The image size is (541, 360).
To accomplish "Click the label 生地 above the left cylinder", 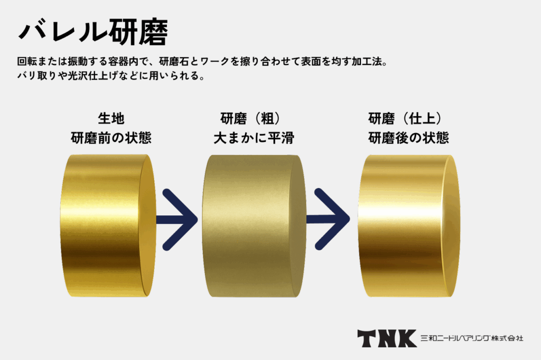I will tap(111, 118).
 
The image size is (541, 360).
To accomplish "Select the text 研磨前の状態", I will tap(111, 138).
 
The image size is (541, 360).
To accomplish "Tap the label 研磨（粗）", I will tap(254, 118).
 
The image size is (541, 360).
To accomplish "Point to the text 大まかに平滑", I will tap(254, 138).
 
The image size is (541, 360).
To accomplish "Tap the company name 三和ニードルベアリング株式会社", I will tap(472, 338).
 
